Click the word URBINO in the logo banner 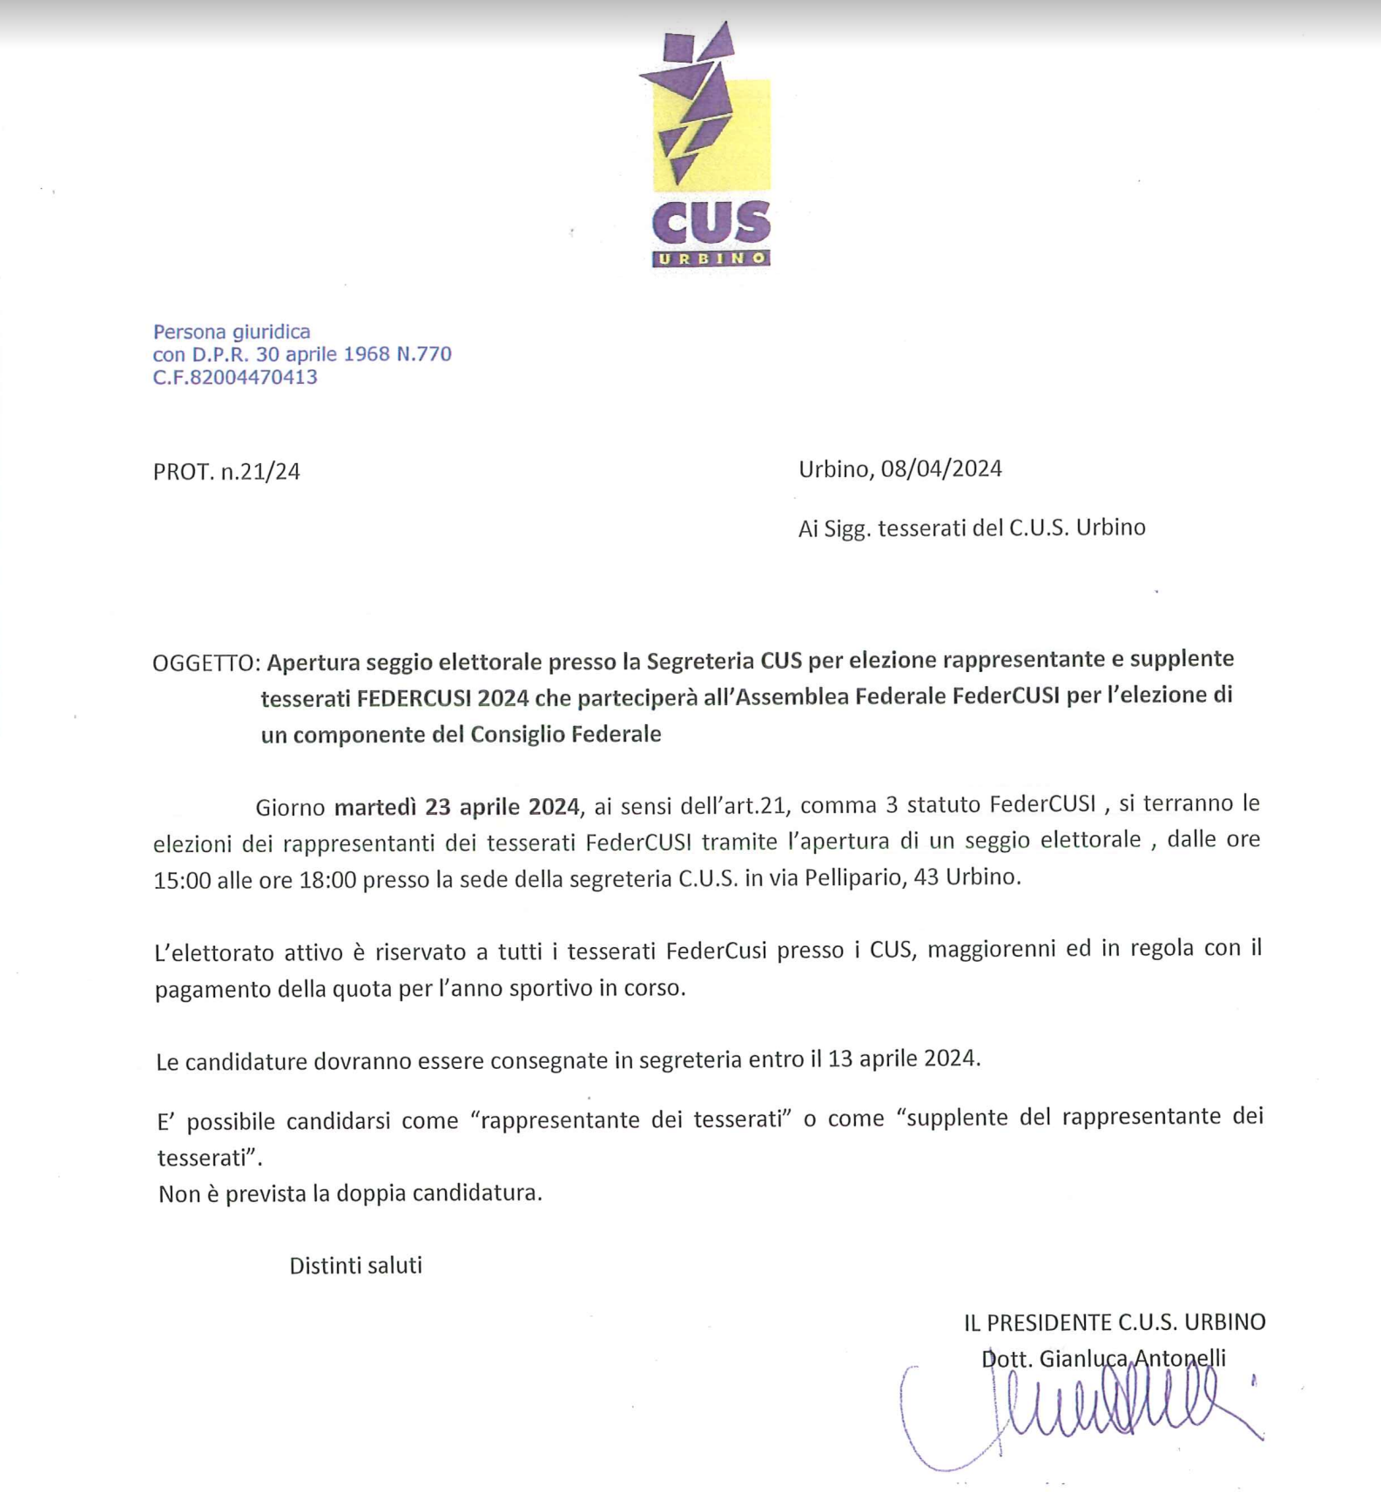coord(711,259)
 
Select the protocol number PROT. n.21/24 coord(226,472)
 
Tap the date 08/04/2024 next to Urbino coord(941,469)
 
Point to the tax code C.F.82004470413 coord(235,377)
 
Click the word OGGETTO coord(205,663)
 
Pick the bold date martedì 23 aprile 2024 coord(457,807)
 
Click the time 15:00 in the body coord(182,880)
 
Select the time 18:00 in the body coord(327,880)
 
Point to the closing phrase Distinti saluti coord(355,1266)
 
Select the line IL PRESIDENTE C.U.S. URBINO coord(1114,1322)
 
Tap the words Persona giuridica coord(232,332)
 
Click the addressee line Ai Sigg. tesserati coord(971,528)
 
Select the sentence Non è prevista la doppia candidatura coord(350,1193)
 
